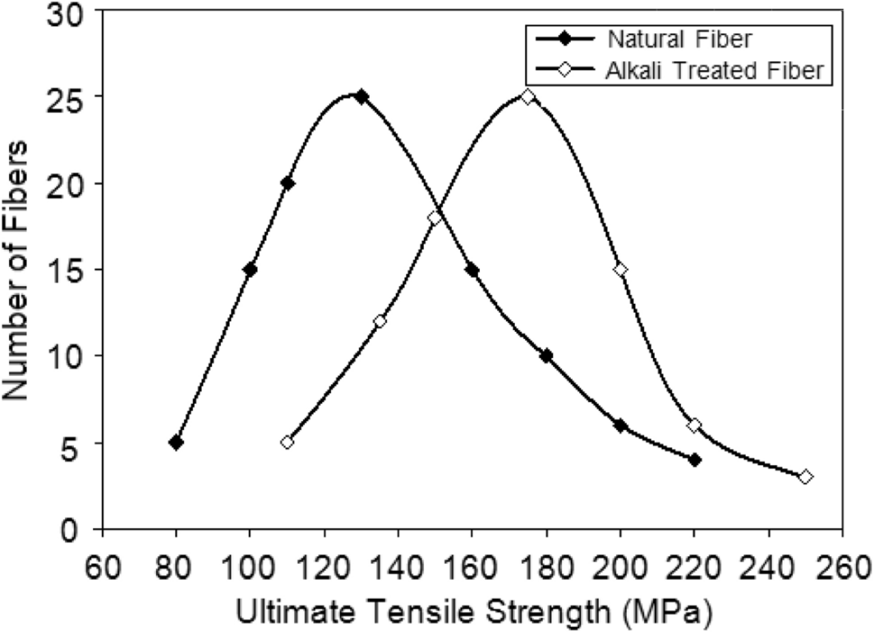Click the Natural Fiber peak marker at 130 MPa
(362, 96)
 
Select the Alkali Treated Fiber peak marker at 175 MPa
(528, 96)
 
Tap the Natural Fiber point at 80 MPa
(176, 443)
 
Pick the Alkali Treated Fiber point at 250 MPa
(805, 476)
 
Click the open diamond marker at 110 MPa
(287, 443)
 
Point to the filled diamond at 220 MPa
(694, 460)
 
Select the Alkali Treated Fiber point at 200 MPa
(620, 270)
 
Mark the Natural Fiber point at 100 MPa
(250, 270)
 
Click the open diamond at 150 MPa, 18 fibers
(435, 218)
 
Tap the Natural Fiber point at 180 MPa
(546, 356)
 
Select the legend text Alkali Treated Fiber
(713, 71)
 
